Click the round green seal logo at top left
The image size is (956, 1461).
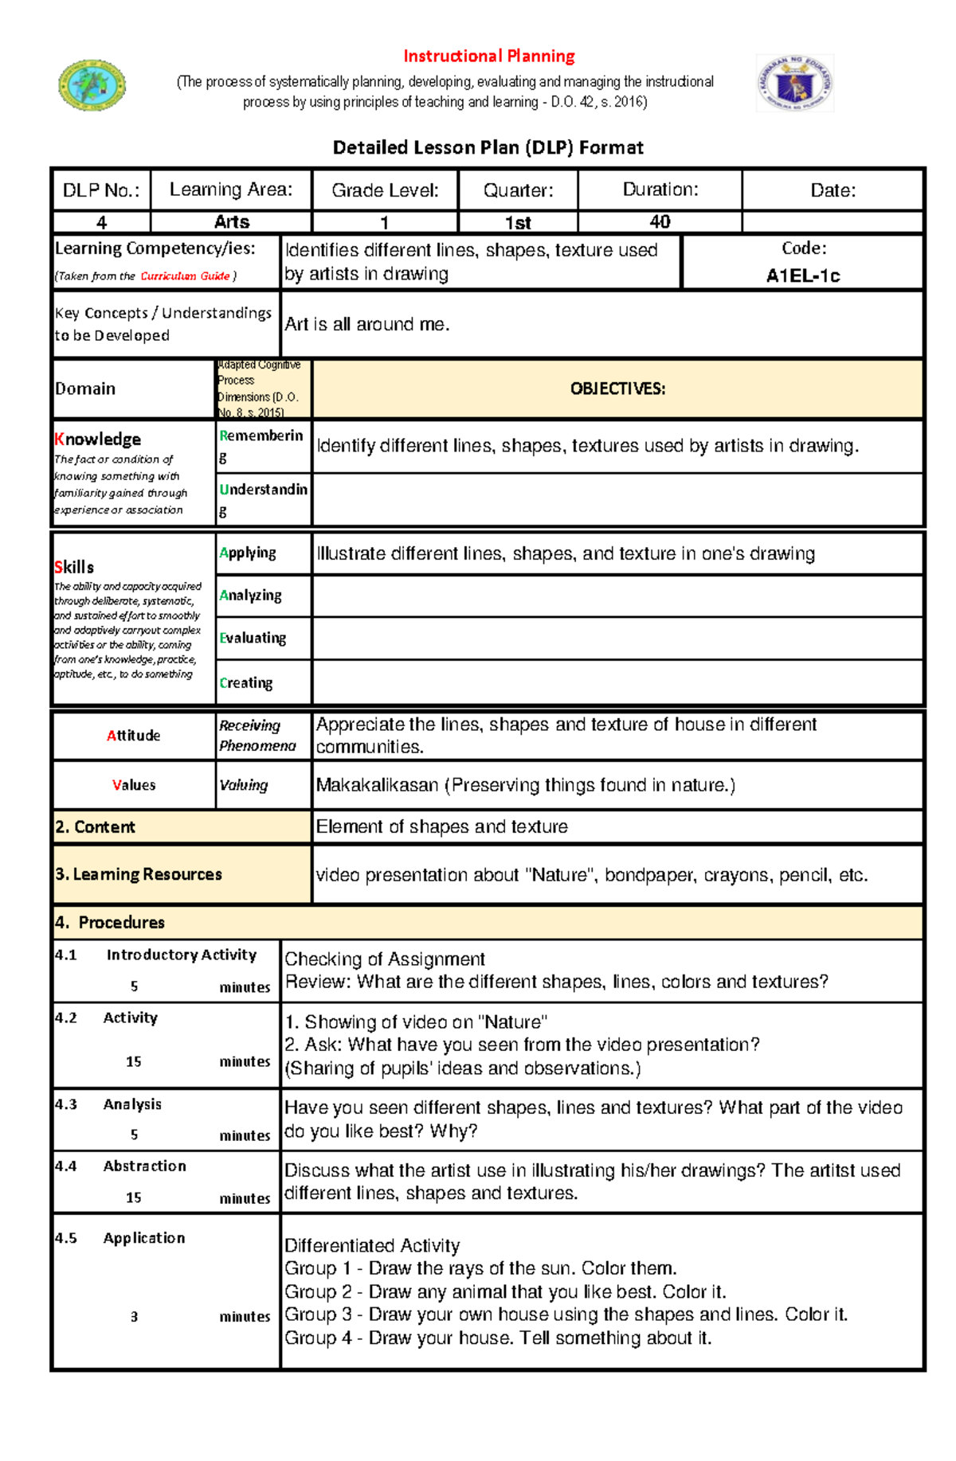(x=92, y=84)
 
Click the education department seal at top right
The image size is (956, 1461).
(x=794, y=83)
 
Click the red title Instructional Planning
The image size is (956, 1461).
(x=488, y=57)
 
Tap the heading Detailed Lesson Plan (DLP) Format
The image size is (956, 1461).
(x=488, y=147)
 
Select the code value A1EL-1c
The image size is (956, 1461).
(x=802, y=276)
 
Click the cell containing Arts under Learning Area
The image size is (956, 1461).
(x=231, y=222)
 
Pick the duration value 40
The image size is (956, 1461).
(x=660, y=222)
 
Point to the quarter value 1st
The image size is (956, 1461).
(x=518, y=223)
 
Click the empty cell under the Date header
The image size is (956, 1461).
(x=832, y=222)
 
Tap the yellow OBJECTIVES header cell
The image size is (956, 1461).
(x=617, y=389)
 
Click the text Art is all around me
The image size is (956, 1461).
(x=367, y=325)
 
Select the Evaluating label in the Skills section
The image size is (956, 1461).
(x=253, y=638)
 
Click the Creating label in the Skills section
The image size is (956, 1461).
(x=246, y=683)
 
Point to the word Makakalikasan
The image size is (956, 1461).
(x=377, y=786)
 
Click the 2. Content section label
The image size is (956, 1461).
(x=95, y=827)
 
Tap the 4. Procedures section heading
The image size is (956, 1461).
(x=110, y=923)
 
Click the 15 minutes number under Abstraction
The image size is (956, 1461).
(x=134, y=1197)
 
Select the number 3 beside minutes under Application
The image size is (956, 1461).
(x=134, y=1317)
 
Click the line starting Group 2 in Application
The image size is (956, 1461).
(x=505, y=1291)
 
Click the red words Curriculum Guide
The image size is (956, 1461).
(x=185, y=276)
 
